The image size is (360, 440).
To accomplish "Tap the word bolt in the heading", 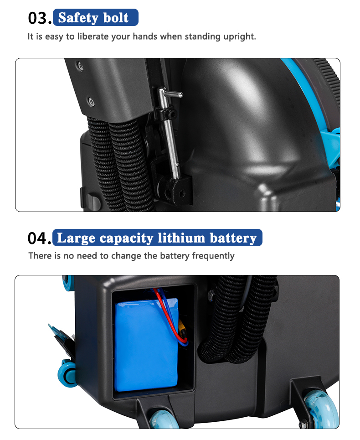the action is [x=116, y=17].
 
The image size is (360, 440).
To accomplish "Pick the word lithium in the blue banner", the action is [x=181, y=238].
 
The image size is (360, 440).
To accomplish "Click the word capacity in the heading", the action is [x=126, y=238].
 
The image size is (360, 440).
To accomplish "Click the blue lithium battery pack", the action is [x=146, y=345].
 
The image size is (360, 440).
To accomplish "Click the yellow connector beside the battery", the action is [x=183, y=330].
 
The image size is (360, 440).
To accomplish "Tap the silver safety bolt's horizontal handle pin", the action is [x=173, y=94].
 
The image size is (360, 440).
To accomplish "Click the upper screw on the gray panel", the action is [x=80, y=66].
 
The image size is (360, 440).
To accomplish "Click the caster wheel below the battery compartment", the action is [x=163, y=420].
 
